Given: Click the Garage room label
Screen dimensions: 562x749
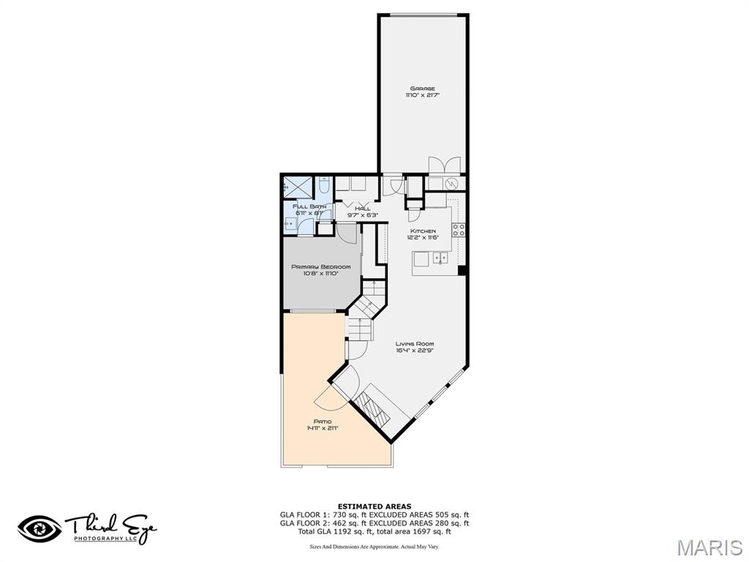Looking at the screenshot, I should [422, 89].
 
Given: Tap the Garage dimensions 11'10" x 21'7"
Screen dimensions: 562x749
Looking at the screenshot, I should [422, 95].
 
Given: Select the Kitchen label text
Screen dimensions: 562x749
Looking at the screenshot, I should [422, 231].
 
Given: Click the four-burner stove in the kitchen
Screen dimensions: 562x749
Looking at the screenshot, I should [459, 231].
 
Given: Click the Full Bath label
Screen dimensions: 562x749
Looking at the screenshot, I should [307, 207].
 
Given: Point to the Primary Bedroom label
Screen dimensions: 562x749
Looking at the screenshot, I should [320, 267].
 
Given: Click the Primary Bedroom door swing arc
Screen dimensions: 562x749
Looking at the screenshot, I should [348, 236].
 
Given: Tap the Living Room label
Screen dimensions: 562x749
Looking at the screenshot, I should [415, 344].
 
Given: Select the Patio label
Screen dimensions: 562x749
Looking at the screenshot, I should [323, 421].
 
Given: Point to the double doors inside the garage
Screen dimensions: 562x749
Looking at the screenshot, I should [444, 165].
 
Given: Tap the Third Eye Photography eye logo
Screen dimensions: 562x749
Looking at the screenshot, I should [40, 528].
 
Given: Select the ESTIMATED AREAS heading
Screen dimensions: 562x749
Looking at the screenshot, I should [374, 506].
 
